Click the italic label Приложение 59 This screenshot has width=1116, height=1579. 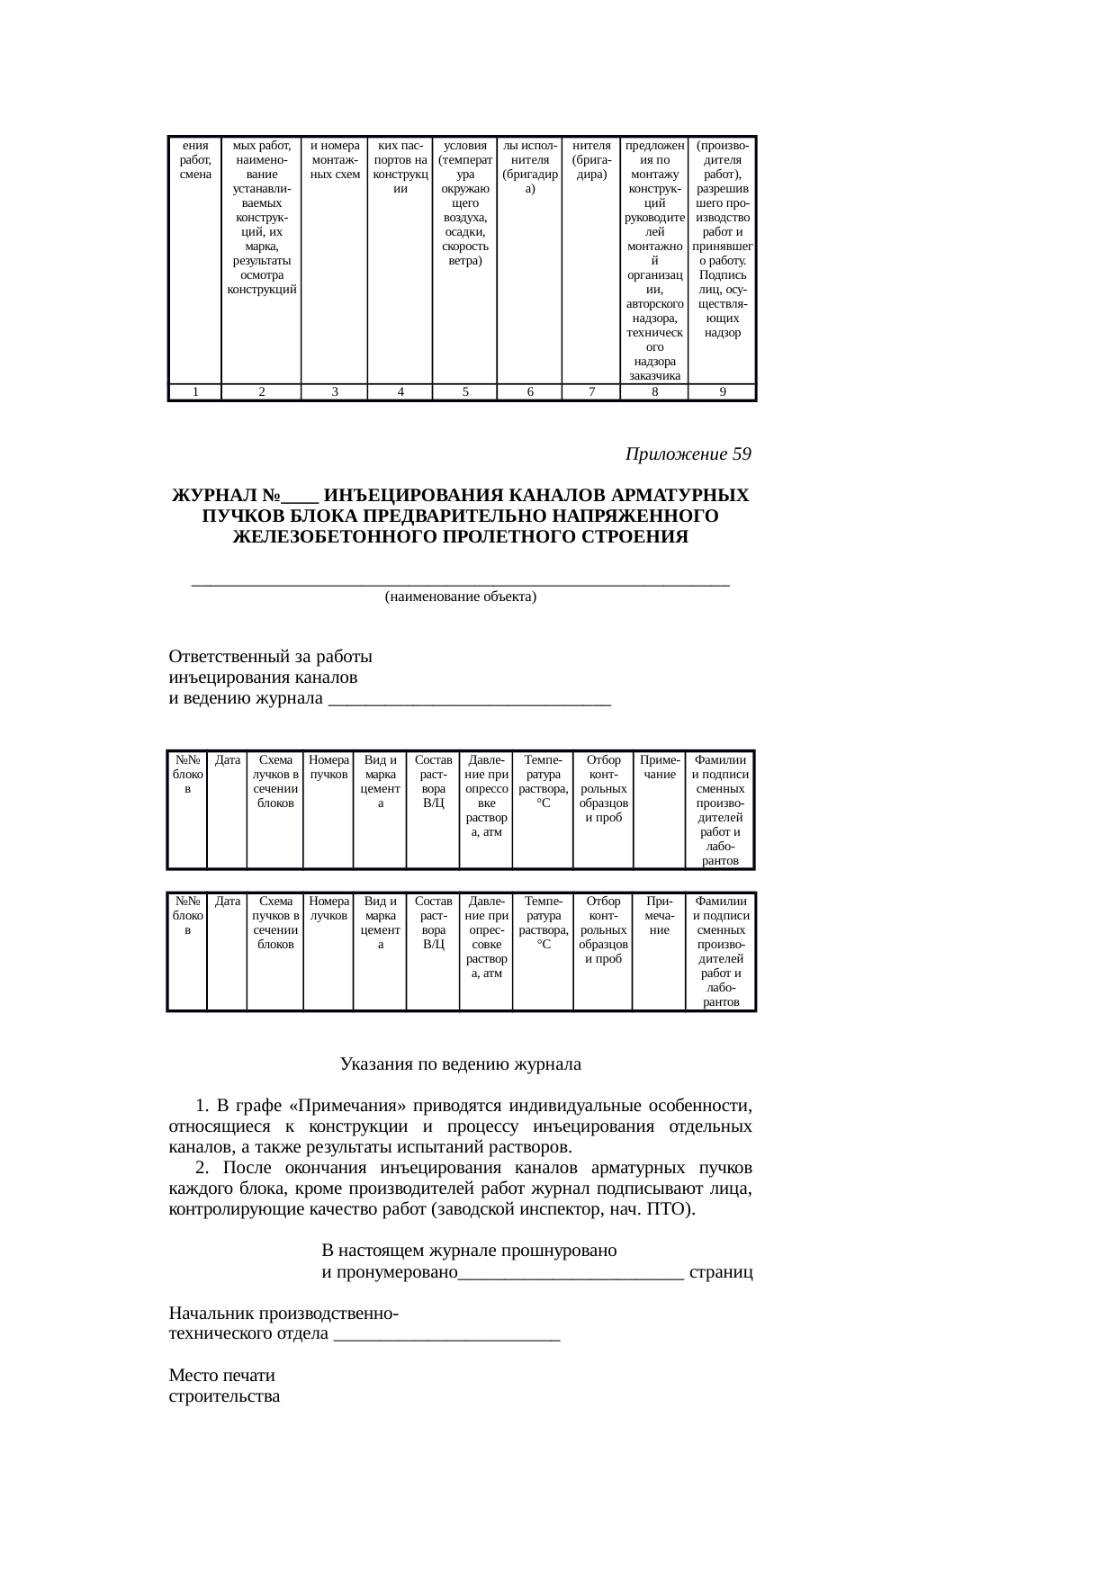(688, 454)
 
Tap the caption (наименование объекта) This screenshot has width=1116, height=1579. (460, 597)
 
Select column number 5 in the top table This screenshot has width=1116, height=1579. (464, 391)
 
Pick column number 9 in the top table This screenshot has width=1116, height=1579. (722, 391)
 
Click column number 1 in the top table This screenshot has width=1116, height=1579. (194, 391)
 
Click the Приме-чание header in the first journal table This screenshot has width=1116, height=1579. (659, 767)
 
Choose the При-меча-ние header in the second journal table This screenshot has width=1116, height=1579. (659, 915)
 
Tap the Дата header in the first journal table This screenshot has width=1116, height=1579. (228, 760)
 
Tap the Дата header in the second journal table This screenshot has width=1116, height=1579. (228, 901)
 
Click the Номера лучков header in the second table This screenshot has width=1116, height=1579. (328, 908)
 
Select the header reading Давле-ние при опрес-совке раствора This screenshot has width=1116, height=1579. (486, 937)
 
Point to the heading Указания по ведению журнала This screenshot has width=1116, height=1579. (460, 1064)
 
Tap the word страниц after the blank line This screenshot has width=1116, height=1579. (721, 1273)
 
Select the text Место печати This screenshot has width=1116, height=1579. (222, 1376)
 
